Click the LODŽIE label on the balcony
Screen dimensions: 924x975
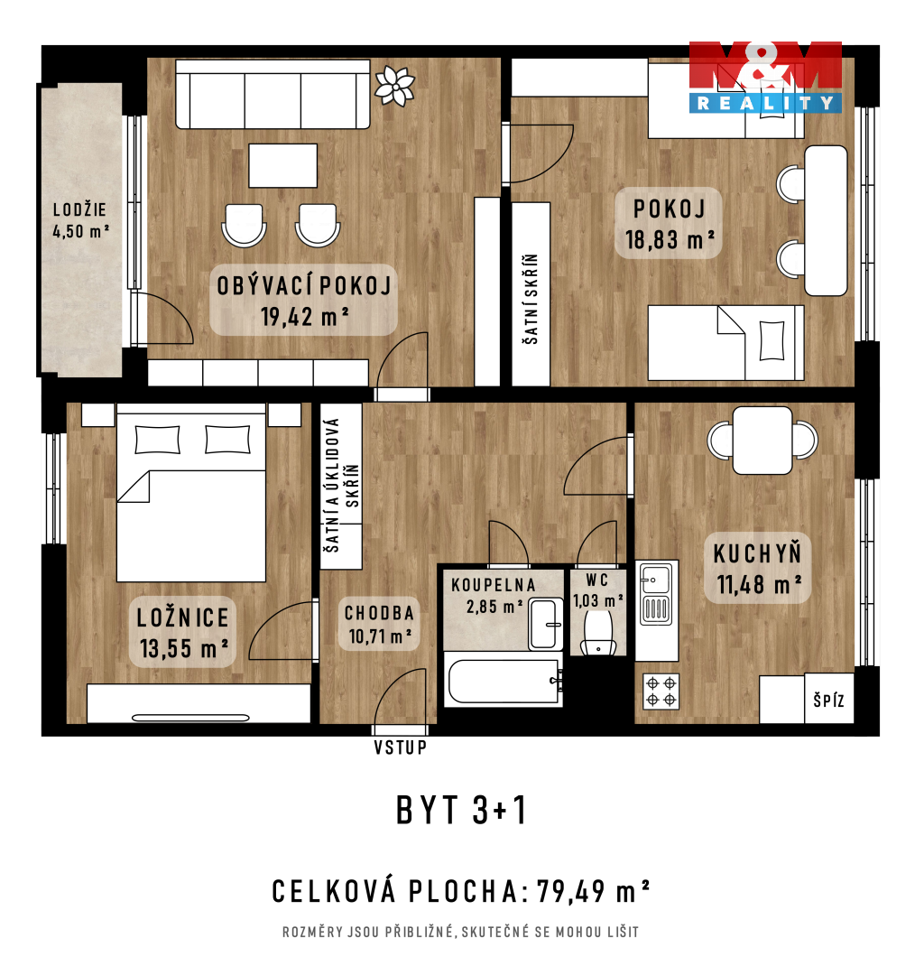click(x=79, y=209)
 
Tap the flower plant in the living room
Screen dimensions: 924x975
click(x=394, y=85)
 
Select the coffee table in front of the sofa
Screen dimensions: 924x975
click(x=282, y=165)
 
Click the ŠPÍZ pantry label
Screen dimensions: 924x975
click(x=829, y=701)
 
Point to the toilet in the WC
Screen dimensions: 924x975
click(x=597, y=632)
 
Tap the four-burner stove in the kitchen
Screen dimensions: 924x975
click(x=661, y=692)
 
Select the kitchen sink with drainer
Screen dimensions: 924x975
click(x=656, y=593)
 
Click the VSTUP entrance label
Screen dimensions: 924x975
click(x=400, y=747)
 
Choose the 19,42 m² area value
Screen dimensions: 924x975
click(x=304, y=317)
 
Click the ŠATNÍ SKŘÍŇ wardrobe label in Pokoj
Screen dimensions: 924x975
click(x=530, y=299)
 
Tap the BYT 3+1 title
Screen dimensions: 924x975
click(x=461, y=810)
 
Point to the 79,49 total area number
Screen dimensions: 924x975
click(x=571, y=891)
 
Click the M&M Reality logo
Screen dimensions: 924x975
click(x=765, y=77)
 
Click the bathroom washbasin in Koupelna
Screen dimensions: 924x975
click(x=545, y=624)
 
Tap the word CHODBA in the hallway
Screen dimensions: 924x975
click(x=380, y=613)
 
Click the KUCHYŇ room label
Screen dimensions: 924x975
click(x=757, y=554)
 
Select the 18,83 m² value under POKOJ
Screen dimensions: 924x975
click(x=670, y=239)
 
